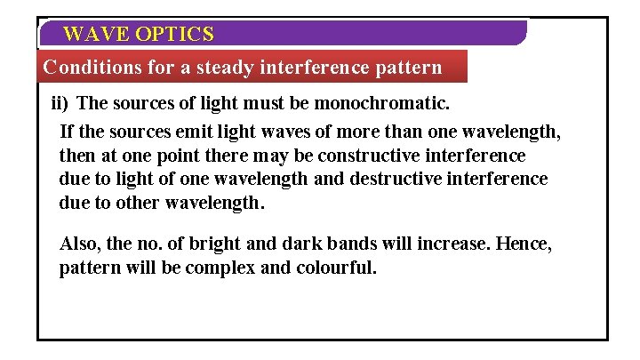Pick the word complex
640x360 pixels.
[221, 268]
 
